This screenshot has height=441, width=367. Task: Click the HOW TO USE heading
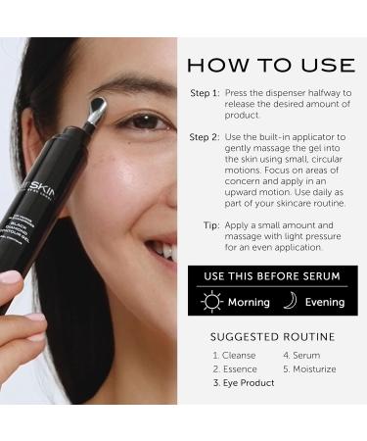coord(270,66)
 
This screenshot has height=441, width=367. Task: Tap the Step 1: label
coord(205,93)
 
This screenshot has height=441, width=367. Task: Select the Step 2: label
coord(205,137)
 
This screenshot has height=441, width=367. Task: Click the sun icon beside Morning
coord(210,300)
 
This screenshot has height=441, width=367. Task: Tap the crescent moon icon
coord(291,300)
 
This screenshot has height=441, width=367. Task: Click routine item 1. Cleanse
coord(235,355)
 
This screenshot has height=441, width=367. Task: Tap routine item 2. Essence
coord(235,368)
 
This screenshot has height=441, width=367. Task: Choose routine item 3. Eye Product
coord(244,383)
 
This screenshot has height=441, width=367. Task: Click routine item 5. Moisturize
coord(308,368)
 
